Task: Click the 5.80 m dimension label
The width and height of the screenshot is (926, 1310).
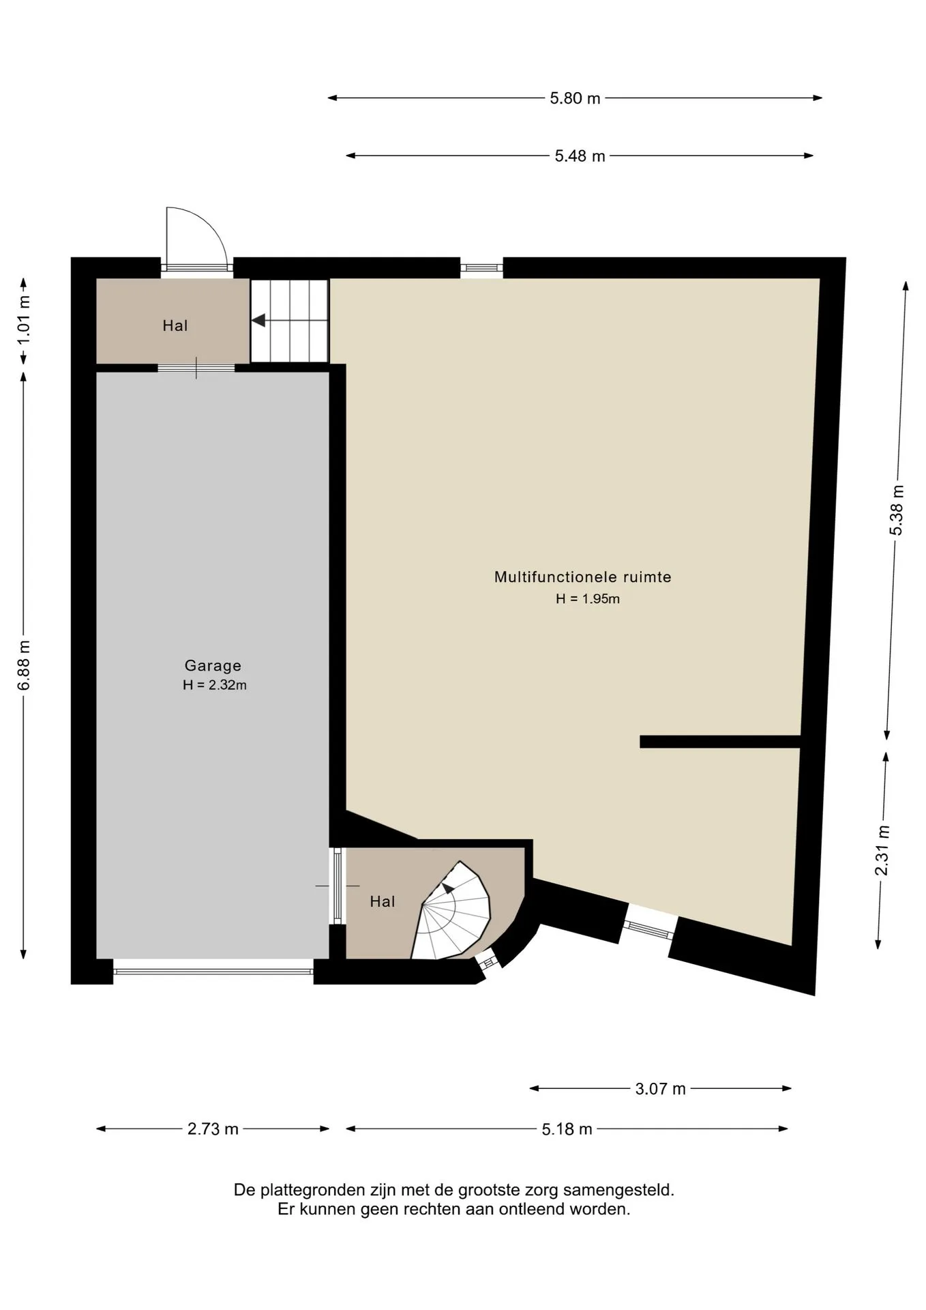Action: coord(575,98)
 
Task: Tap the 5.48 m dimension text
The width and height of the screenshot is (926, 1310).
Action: coord(580,156)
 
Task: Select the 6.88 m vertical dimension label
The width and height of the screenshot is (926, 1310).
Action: coord(24,665)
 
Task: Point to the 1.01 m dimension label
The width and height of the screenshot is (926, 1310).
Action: coord(24,318)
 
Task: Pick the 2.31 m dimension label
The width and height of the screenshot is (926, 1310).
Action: coord(882,850)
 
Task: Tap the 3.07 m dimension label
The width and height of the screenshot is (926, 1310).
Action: coord(660,1088)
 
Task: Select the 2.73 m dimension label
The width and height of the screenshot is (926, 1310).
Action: coord(213,1129)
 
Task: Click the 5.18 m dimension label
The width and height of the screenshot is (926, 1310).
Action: coord(567,1129)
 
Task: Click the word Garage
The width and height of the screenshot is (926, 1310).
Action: coord(213,665)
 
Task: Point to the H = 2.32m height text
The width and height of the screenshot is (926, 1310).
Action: coord(214,685)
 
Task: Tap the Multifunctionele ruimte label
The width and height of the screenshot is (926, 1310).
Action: coord(583,577)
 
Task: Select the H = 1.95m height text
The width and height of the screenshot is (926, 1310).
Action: coord(587,599)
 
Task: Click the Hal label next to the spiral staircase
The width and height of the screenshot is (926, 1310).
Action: coord(382,901)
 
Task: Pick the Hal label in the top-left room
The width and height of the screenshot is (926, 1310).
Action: coord(175,325)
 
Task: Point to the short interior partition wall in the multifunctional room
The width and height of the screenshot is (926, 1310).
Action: coord(719,742)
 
